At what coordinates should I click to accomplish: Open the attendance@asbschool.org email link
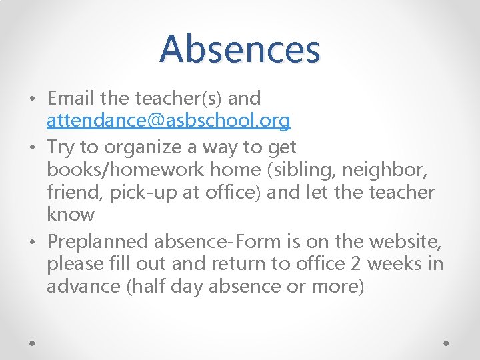click(169, 120)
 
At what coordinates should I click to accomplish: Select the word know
click(71, 215)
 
